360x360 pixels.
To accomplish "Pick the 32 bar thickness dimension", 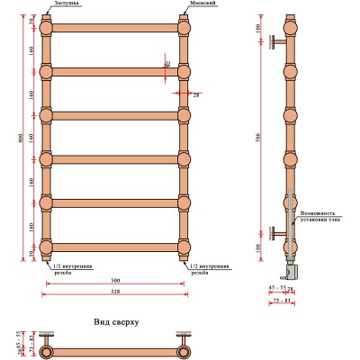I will [x=167, y=61].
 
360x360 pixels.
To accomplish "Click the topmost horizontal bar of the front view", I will [x=114, y=28].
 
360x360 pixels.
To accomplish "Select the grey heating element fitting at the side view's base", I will [x=290, y=266].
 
